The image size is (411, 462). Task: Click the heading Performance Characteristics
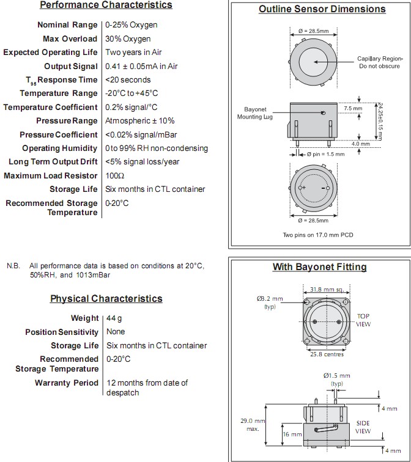tap(106, 5)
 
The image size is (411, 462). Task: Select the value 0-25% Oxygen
tap(131, 25)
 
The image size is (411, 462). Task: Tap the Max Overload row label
tap(70, 38)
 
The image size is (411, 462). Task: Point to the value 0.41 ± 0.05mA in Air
tap(141, 66)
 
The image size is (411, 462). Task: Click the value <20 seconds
tap(128, 80)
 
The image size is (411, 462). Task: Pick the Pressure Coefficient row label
tap(59, 134)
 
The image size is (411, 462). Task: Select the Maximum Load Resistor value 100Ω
tap(115, 175)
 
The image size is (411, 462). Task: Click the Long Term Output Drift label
tap(53, 162)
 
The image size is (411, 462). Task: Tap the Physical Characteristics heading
tap(106, 299)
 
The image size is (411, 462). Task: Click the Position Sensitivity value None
tap(116, 332)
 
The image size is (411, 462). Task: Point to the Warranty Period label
tap(67, 383)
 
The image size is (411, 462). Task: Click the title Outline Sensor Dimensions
tap(322, 9)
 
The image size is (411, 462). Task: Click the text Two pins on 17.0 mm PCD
tap(317, 235)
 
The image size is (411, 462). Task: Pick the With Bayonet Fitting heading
tap(319, 267)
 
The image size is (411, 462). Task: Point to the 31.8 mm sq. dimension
tap(326, 289)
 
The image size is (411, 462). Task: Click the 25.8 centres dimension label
tap(326, 354)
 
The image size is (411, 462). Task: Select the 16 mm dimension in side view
tap(292, 435)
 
